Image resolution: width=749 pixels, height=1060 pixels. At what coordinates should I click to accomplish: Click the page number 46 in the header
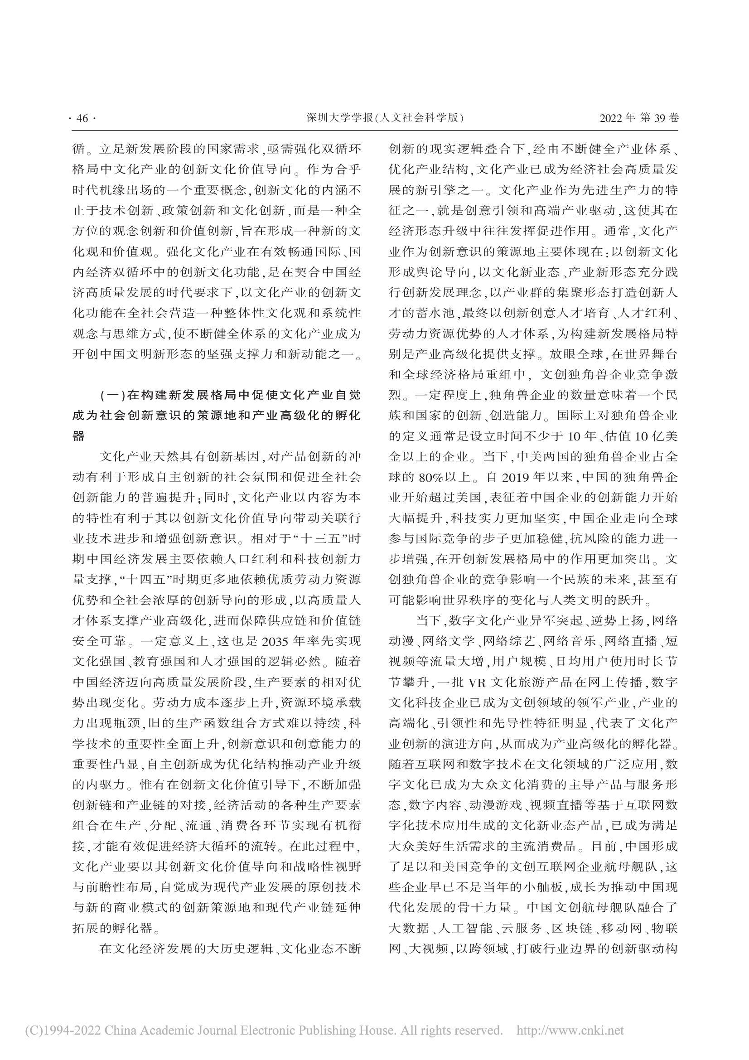click(82, 119)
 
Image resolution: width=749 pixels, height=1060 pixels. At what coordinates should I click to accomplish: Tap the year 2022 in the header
click(611, 118)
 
